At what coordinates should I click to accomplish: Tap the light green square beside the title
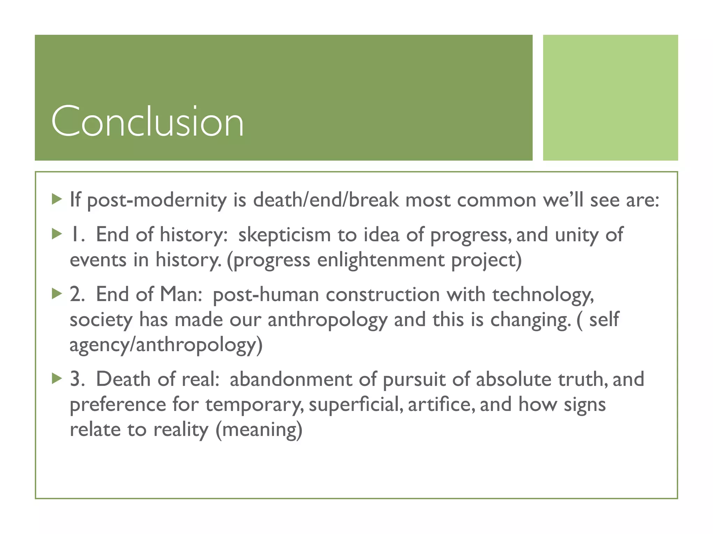pyautogui.click(x=610, y=97)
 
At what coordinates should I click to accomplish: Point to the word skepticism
pyautogui.click(x=284, y=235)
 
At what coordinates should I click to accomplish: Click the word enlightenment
pyautogui.click(x=381, y=260)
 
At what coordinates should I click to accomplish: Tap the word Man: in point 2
pyautogui.click(x=181, y=294)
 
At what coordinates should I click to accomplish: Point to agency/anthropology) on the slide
pyautogui.click(x=166, y=345)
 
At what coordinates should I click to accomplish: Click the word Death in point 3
pyautogui.click(x=123, y=379)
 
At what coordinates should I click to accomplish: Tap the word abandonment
pyautogui.click(x=291, y=379)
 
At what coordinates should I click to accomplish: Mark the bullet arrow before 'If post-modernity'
pyautogui.click(x=56, y=200)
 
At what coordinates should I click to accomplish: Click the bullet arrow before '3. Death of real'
pyautogui.click(x=56, y=379)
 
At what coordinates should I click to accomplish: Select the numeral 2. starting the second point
pyautogui.click(x=77, y=294)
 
